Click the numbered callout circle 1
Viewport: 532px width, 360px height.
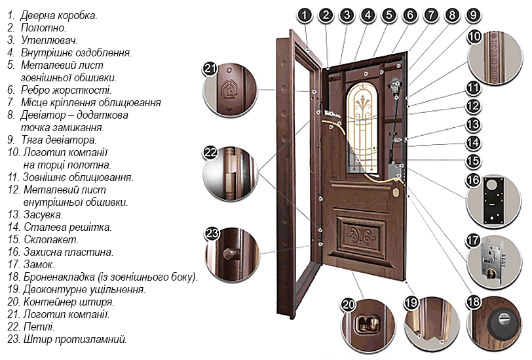(x=305, y=15)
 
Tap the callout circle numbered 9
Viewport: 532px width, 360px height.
(x=473, y=15)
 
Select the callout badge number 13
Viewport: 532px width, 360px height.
(x=473, y=125)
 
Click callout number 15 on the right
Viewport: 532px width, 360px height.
(x=473, y=161)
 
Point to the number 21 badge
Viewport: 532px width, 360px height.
(x=210, y=69)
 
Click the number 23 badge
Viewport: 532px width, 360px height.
(x=212, y=233)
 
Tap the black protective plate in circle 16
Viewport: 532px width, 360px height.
(x=493, y=200)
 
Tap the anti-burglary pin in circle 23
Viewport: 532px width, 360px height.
(x=229, y=254)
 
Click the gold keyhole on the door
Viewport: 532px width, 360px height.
(x=396, y=193)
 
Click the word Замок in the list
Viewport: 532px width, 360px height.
(x=39, y=264)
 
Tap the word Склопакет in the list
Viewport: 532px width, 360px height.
(x=51, y=239)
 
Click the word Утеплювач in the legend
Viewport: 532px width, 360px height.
(x=50, y=40)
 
